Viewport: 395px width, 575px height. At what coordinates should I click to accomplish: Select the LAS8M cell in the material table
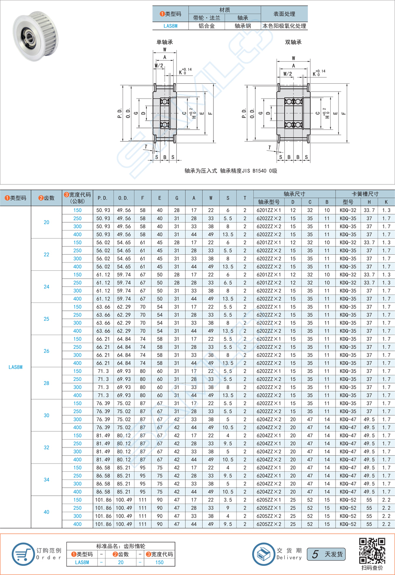170,26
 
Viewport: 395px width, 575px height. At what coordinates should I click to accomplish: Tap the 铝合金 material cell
207,26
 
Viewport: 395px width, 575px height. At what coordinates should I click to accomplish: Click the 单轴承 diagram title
165,42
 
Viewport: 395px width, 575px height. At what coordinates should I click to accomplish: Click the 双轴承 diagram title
293,42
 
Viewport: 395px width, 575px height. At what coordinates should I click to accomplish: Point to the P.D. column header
102,198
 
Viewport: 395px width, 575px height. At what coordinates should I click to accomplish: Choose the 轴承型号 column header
269,202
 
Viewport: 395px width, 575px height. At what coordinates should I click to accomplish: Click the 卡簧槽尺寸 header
365,194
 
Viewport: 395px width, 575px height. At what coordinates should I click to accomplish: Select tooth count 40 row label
46,512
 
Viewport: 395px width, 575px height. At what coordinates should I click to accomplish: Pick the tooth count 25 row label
46,319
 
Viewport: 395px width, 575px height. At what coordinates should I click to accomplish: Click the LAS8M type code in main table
16,367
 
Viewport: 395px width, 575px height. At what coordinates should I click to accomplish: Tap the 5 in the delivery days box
316,554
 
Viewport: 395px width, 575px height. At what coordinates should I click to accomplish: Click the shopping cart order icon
23,554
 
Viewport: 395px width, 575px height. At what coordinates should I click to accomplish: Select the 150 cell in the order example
159,562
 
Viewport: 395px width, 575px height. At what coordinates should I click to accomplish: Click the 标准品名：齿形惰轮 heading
121,546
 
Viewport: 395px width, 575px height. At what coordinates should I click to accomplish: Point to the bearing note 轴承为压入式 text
230,171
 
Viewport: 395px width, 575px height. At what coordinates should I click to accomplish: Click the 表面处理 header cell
284,14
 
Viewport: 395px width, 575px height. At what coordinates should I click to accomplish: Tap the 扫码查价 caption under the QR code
372,568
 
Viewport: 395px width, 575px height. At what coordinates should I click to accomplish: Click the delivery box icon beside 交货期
263,554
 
